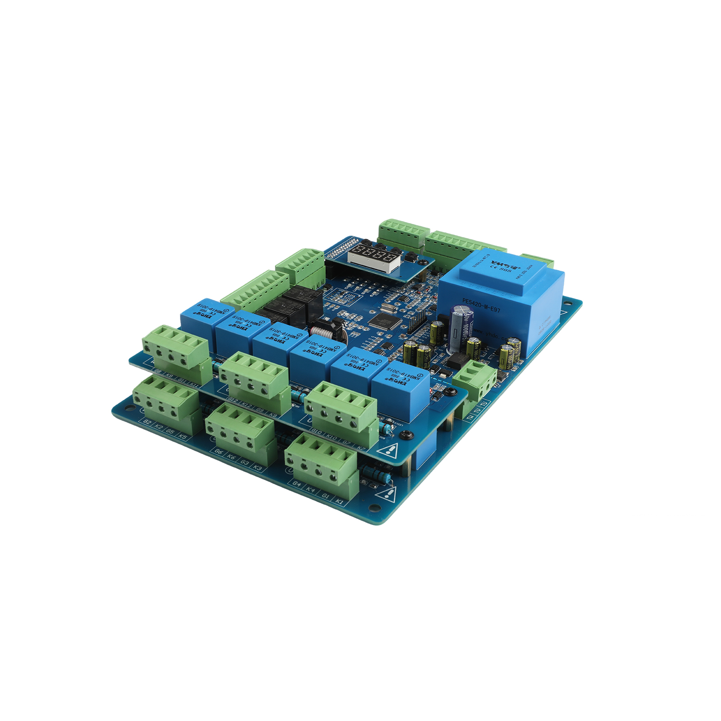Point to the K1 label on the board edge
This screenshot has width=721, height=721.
339,502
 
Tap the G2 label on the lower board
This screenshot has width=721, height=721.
147,422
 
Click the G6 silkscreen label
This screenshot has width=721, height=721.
219,452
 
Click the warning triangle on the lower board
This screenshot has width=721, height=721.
387,495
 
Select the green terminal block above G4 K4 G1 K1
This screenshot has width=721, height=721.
321,461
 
